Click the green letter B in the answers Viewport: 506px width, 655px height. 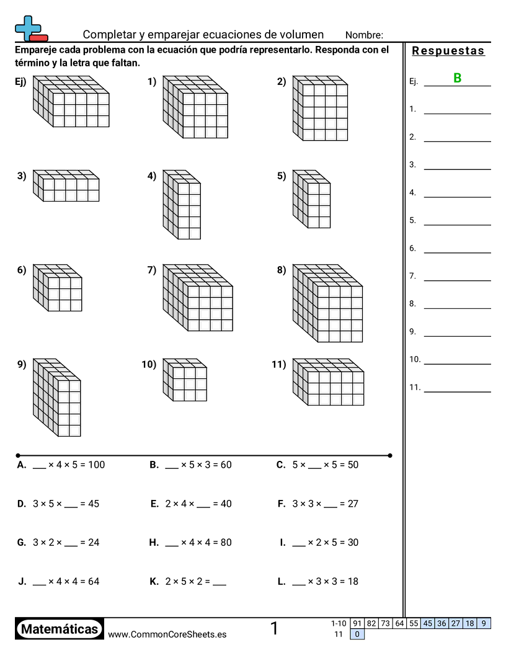point(458,78)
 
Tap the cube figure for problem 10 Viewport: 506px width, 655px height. point(185,380)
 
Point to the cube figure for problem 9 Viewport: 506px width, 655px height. point(56,397)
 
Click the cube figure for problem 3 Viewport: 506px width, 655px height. point(66,185)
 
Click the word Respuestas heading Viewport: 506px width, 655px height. point(448,51)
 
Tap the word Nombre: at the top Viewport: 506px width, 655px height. point(364,35)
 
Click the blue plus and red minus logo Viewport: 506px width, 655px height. point(31,29)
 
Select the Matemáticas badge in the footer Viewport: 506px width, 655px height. point(60,629)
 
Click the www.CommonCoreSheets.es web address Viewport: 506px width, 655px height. point(167,634)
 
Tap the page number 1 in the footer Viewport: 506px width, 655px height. point(274,628)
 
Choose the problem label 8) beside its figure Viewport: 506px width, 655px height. point(282,270)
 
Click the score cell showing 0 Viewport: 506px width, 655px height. point(357,634)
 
